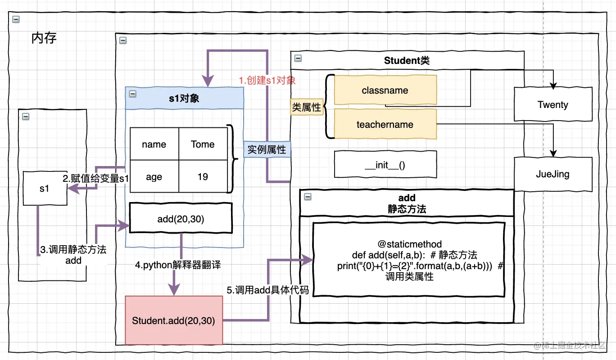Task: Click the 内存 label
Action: pos(44,38)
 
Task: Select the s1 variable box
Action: pos(45,189)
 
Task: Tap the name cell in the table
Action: pos(154,144)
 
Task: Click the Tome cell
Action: pos(203,144)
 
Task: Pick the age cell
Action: pos(154,177)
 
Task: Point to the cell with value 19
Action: pos(203,177)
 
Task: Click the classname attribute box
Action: pos(385,90)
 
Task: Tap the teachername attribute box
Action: pos(385,125)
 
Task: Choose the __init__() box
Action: pos(385,165)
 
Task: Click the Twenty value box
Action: pos(553,105)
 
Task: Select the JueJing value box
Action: pos(553,174)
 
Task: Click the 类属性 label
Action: pos(307,107)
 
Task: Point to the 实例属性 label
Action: pos(267,149)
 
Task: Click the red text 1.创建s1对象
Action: pos(267,81)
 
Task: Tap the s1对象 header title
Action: pos(184,99)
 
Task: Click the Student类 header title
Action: pos(407,61)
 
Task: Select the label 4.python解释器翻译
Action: pos(178,265)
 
